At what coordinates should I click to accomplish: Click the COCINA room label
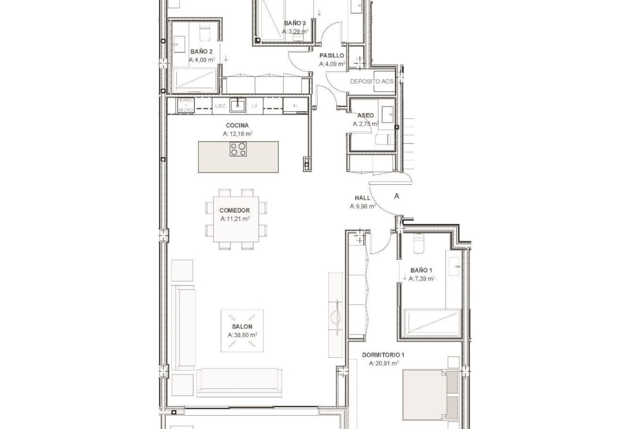tap(237, 125)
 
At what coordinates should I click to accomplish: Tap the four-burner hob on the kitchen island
tap(238, 149)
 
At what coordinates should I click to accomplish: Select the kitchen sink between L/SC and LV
tap(238, 105)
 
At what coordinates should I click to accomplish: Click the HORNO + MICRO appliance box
tap(185, 105)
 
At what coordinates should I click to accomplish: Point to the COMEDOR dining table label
tap(234, 210)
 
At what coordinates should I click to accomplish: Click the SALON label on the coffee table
tap(242, 326)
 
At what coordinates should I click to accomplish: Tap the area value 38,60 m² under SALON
tap(242, 335)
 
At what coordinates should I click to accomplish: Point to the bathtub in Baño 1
tap(432, 323)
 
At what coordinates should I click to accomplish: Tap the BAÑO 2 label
tap(201, 52)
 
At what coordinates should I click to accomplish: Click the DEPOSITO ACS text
tap(372, 81)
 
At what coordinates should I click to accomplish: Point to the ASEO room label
tap(365, 115)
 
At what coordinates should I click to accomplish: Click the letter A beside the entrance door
tap(397, 196)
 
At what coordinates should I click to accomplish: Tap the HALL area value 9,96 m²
tap(363, 206)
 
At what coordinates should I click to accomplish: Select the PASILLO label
tap(331, 56)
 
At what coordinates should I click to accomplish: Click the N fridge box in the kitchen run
tap(295, 106)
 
